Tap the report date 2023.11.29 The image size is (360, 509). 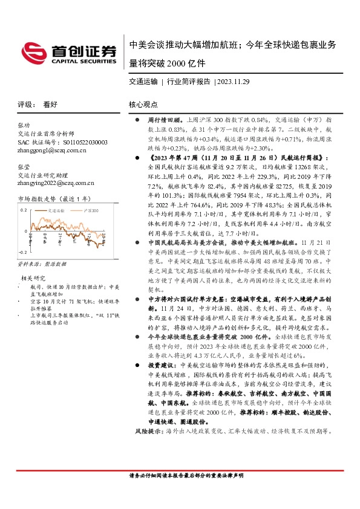tap(233, 81)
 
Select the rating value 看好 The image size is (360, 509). tap(50, 104)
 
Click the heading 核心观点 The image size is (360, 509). tap(143, 104)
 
